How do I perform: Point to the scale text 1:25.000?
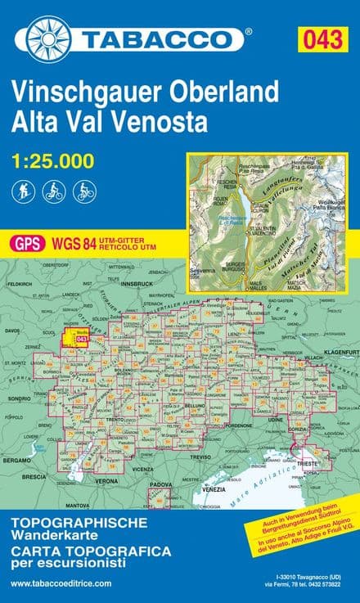pyautogui.click(x=52, y=161)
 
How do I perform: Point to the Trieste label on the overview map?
pyautogui.click(x=308, y=463)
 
